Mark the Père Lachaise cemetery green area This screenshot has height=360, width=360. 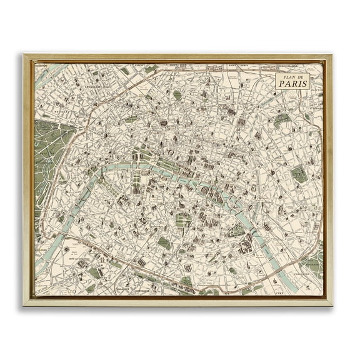pos(299,174)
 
